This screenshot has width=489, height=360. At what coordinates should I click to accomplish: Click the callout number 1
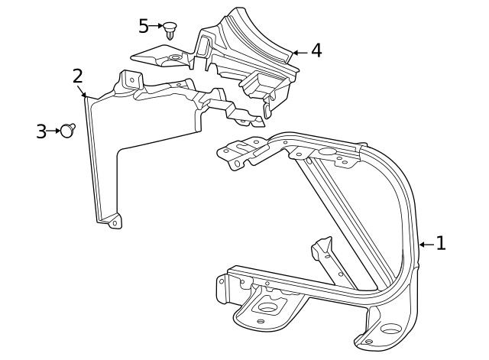(440, 244)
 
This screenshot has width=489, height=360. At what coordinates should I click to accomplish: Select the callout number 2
(77, 76)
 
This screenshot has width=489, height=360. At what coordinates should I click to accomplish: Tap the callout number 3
(41, 131)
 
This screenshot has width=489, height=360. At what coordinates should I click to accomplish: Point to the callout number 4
(316, 51)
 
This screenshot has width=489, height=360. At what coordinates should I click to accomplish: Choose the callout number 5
(144, 26)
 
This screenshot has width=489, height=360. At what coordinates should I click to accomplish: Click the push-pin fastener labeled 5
(170, 30)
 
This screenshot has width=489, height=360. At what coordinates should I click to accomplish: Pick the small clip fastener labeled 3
(69, 131)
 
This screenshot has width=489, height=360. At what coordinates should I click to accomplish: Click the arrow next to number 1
(426, 244)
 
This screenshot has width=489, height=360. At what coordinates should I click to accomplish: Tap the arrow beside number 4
(299, 52)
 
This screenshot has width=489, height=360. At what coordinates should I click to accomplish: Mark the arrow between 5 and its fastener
(157, 26)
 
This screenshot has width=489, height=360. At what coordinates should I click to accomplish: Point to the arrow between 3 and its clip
(54, 131)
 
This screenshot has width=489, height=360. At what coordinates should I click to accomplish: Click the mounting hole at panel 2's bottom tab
(115, 223)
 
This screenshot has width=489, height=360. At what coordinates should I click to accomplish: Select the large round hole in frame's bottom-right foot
(390, 334)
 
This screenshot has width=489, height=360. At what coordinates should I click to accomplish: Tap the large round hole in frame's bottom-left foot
(268, 309)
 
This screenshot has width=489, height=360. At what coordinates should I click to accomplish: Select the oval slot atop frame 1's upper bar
(326, 151)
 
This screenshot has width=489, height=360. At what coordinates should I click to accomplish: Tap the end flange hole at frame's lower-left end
(223, 284)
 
